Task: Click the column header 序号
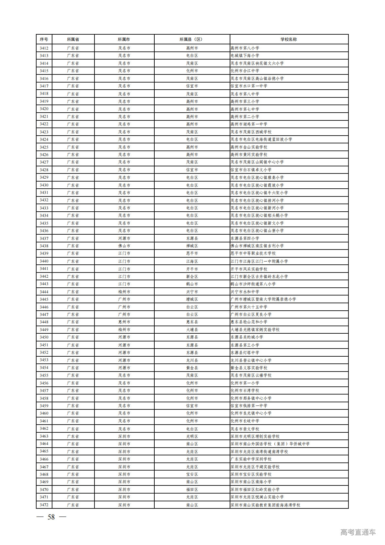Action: click(44, 39)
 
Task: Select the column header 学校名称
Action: click(289, 39)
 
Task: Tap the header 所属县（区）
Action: click(192, 39)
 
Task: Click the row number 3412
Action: click(44, 48)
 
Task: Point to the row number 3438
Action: click(44, 246)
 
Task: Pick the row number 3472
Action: click(44, 505)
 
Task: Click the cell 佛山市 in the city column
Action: click(124, 246)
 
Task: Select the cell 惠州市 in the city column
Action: click(124, 322)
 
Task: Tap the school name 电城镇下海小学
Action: click(245, 56)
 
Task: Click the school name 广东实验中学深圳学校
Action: click(251, 459)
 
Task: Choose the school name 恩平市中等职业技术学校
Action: click(253, 253)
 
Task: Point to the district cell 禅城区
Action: click(192, 246)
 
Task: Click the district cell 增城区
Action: click(192, 299)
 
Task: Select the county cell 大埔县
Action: click(192, 330)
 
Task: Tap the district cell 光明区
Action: click(192, 436)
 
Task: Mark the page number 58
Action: click(51, 517)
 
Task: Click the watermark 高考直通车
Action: click(358, 532)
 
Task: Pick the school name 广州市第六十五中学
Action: click(249, 307)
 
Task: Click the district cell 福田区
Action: click(192, 490)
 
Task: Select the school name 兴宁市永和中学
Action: click(245, 292)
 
